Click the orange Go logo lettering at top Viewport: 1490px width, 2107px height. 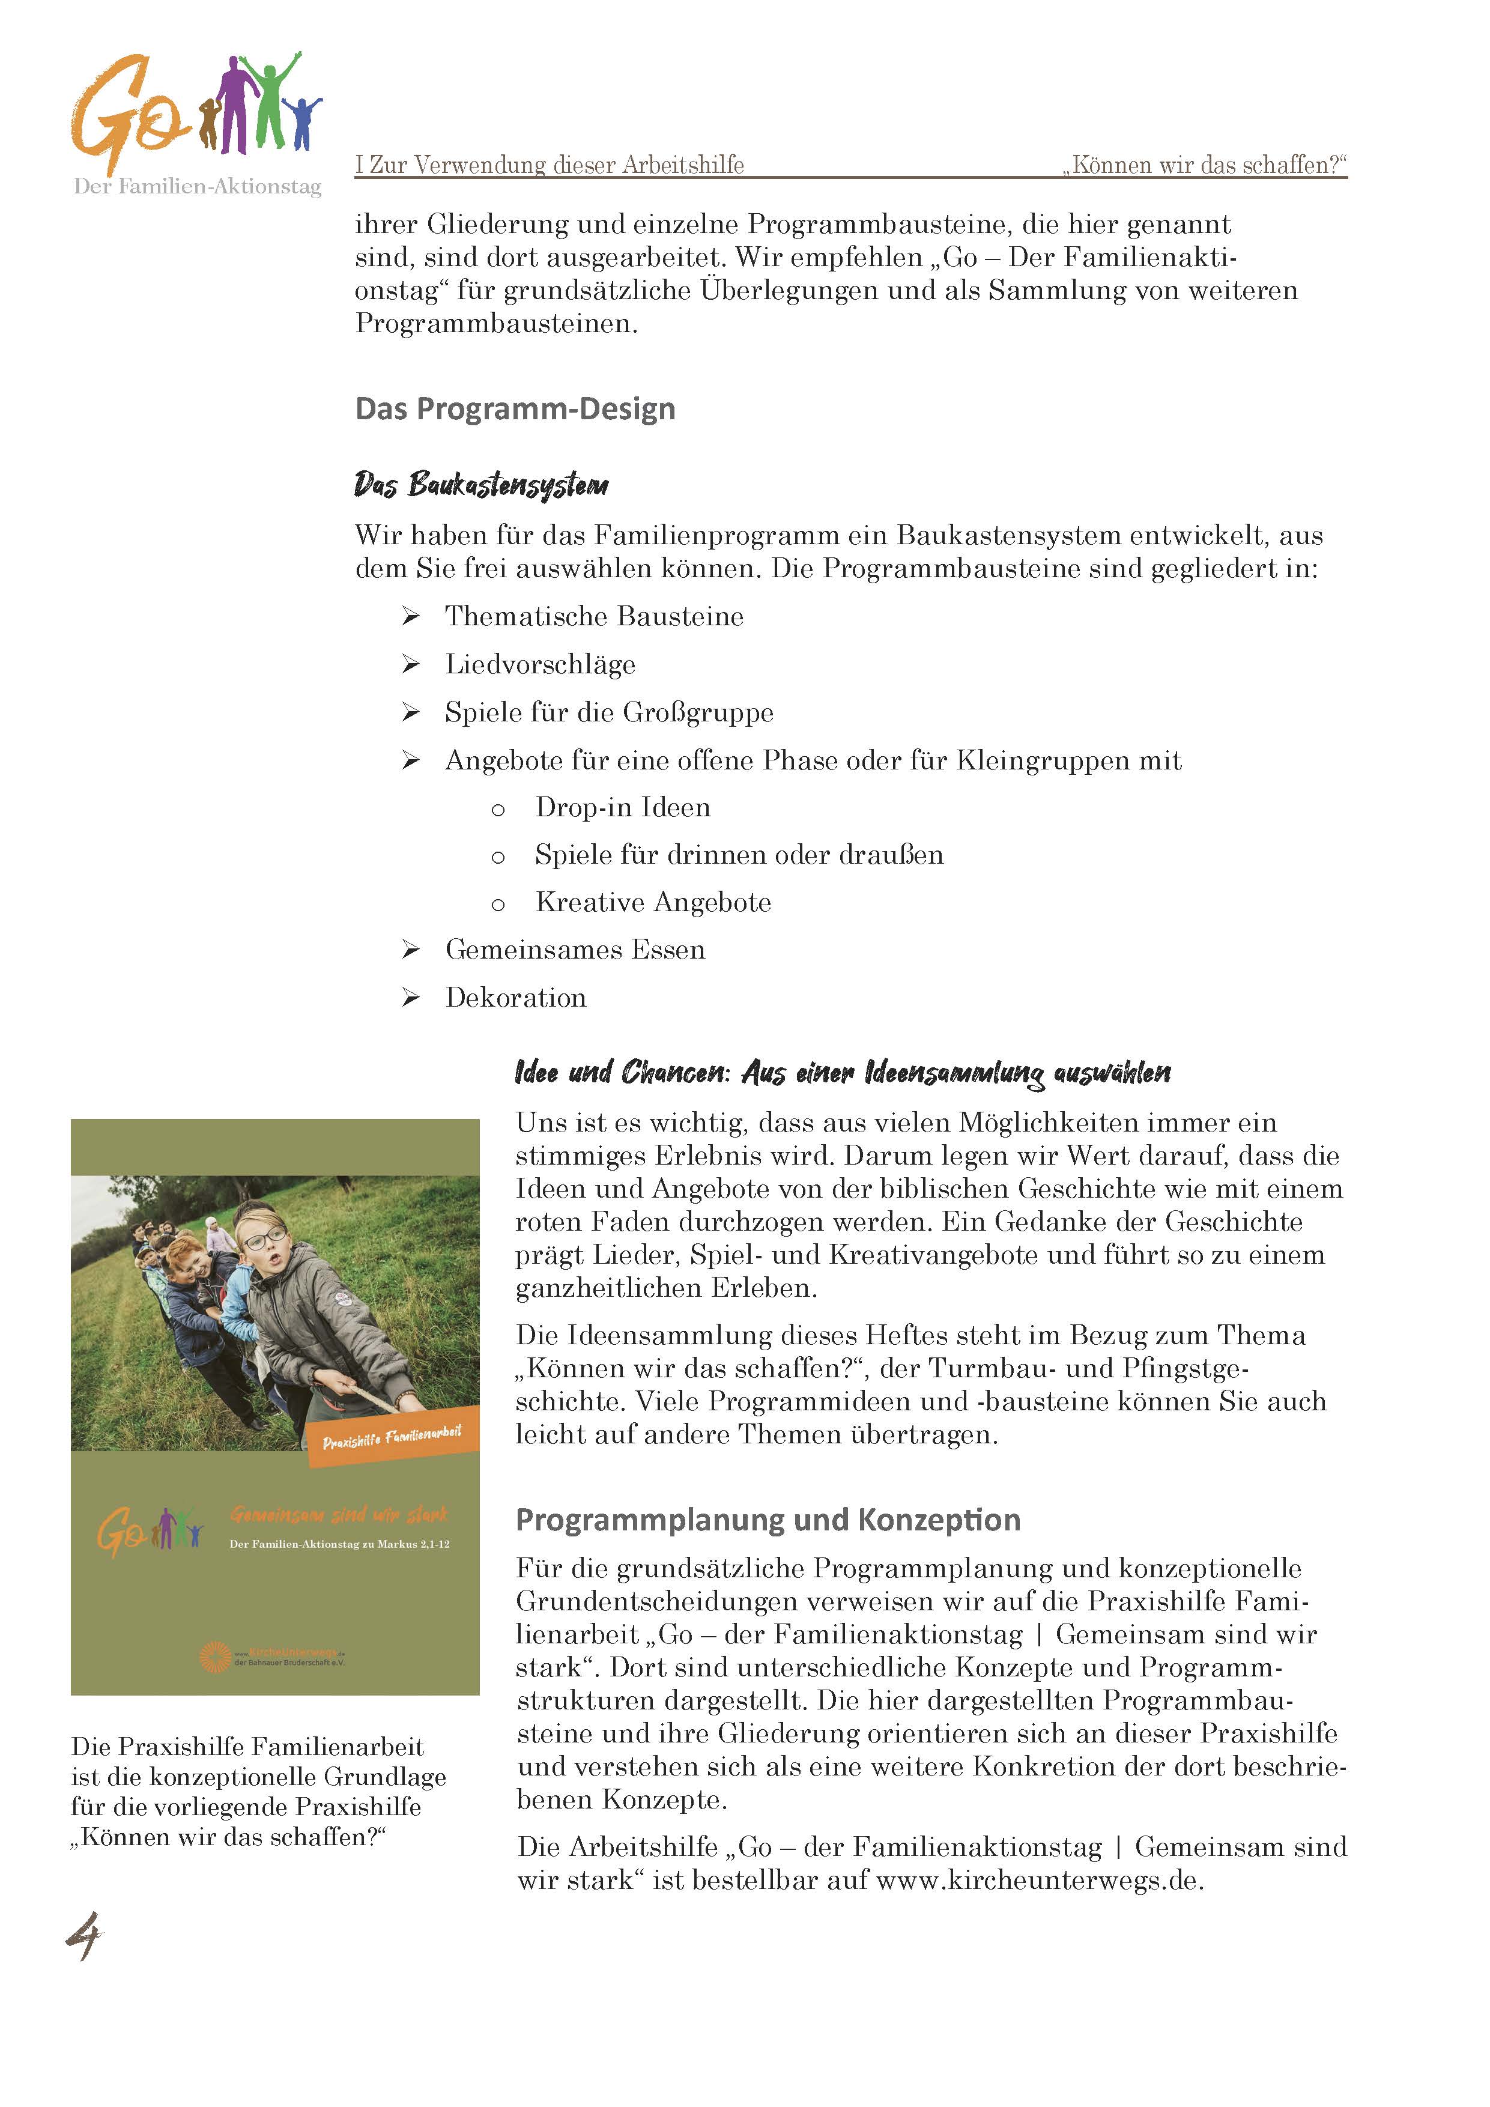(124, 115)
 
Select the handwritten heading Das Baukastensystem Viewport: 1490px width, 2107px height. (481, 485)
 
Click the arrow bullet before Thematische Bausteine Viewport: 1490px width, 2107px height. (410, 617)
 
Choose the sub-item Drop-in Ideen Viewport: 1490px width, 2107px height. (623, 808)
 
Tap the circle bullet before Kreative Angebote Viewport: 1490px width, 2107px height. (498, 905)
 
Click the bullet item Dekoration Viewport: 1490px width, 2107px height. (516, 998)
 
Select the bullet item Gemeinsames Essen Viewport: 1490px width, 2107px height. (575, 950)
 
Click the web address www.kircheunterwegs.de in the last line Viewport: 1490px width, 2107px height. (1038, 1881)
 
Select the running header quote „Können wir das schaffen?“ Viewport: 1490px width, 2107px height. (1205, 165)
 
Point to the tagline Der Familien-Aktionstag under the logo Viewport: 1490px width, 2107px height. (197, 187)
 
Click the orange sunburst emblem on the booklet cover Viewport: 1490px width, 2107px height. (216, 1657)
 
